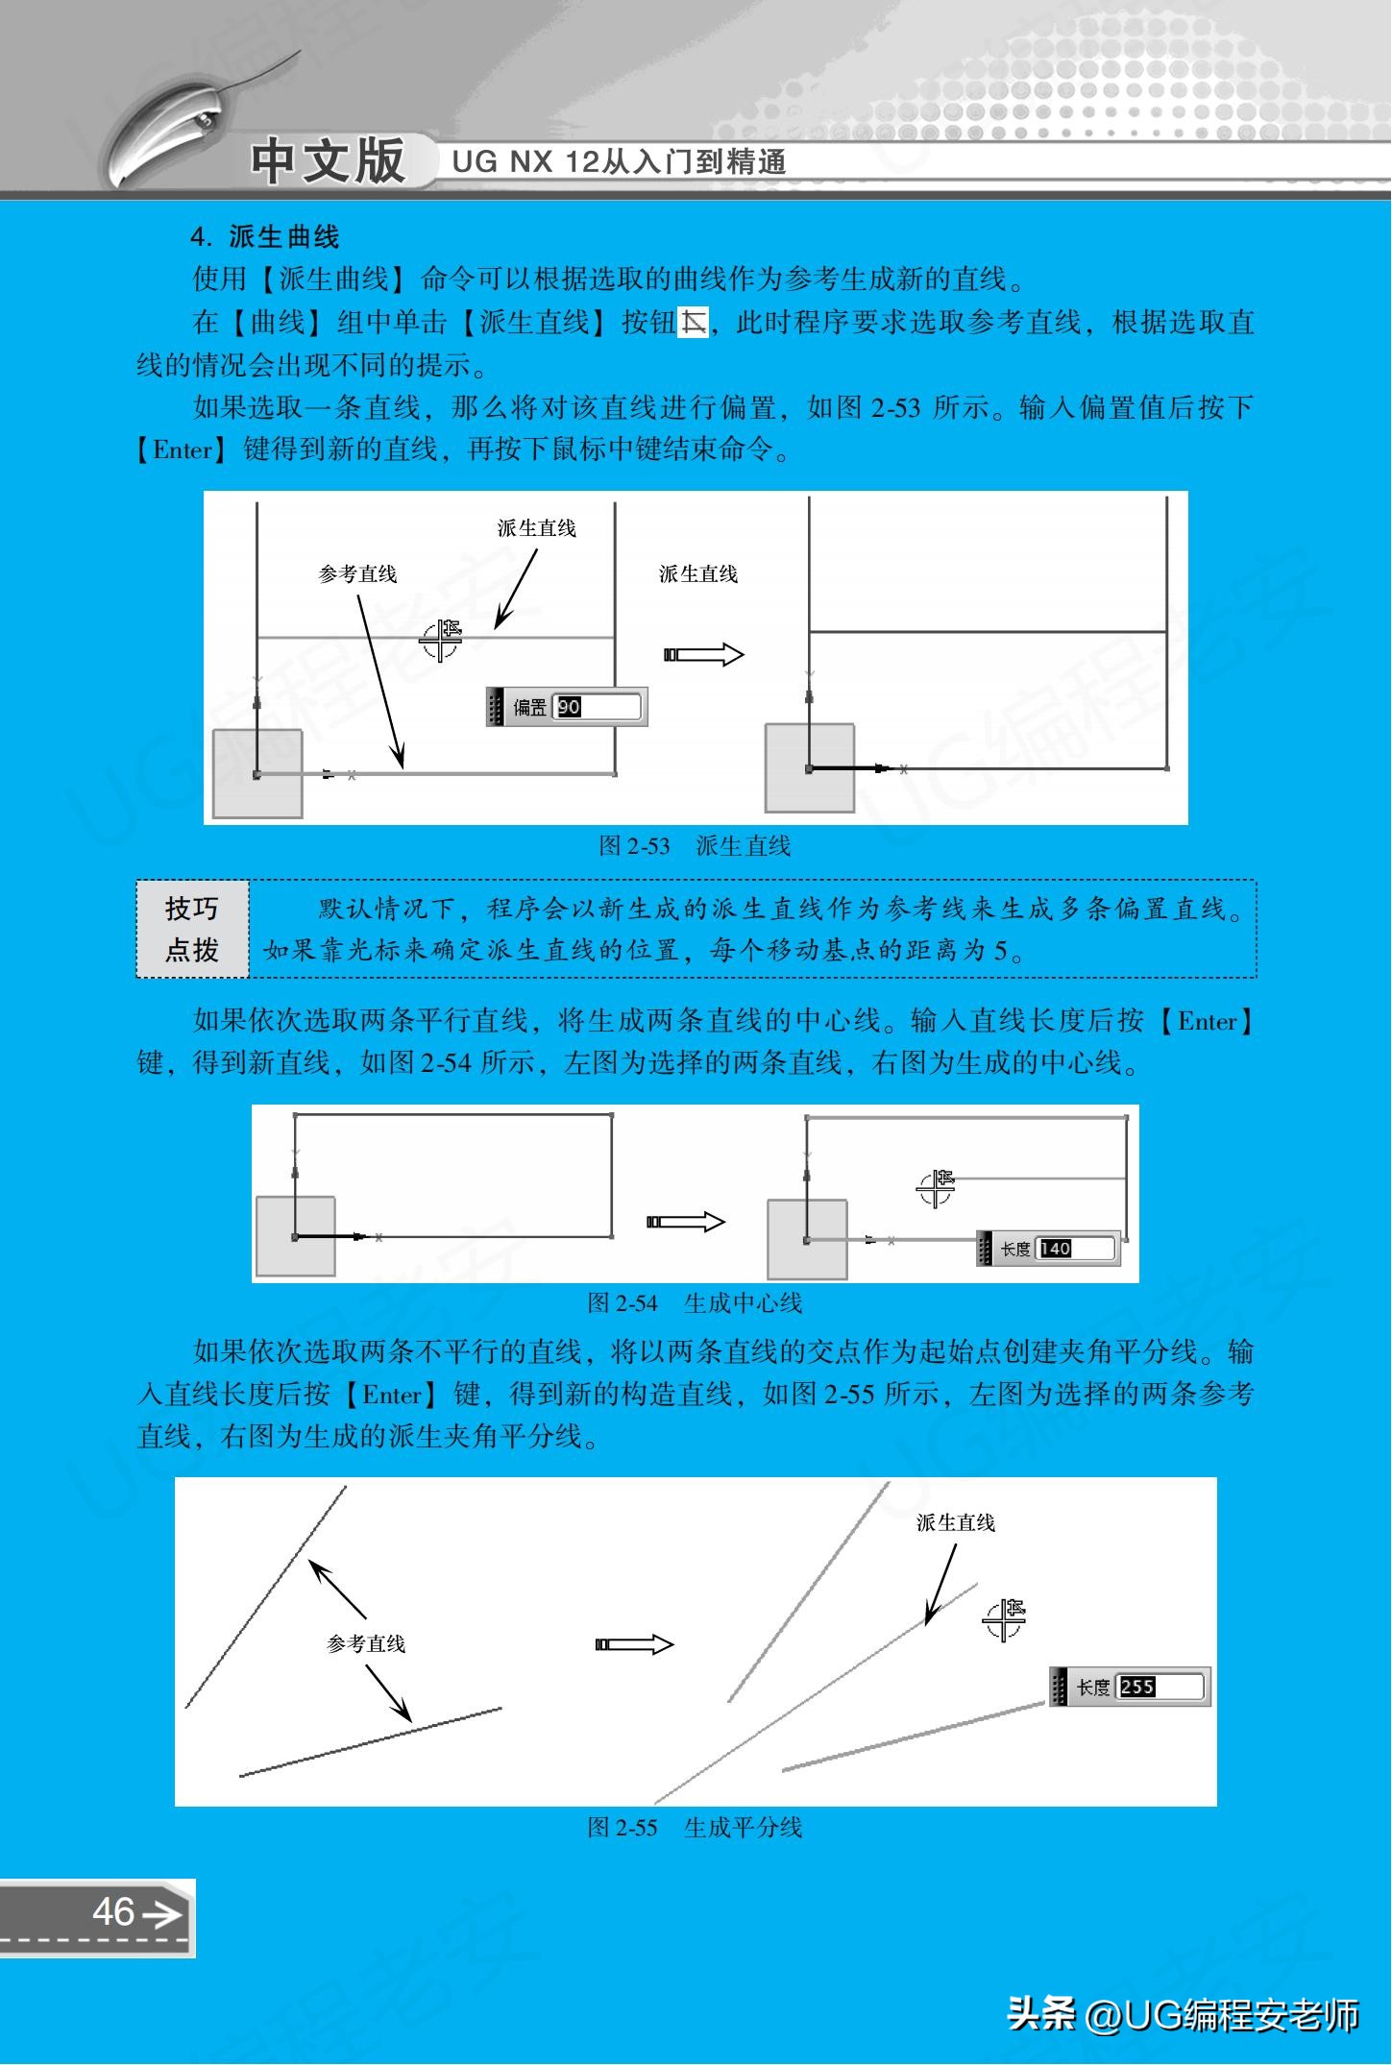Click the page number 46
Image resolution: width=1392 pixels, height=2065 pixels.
click(113, 1911)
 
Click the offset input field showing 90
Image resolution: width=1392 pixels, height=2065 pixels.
click(597, 707)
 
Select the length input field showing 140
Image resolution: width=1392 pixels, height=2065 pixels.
click(1075, 1249)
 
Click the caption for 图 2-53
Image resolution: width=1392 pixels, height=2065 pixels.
click(695, 845)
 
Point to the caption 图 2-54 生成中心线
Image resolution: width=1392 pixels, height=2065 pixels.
click(695, 1303)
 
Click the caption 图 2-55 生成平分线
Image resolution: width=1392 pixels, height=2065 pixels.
click(695, 1827)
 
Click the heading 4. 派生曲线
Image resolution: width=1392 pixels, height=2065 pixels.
click(265, 237)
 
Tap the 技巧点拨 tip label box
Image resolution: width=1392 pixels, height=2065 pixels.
click(192, 929)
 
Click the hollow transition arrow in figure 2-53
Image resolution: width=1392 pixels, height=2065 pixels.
click(703, 655)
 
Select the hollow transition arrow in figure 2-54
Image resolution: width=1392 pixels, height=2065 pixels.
click(686, 1222)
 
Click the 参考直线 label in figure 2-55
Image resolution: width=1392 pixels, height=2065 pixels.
click(366, 1643)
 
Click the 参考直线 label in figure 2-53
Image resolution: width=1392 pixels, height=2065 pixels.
click(357, 574)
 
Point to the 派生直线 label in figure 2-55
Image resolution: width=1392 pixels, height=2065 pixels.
click(955, 1522)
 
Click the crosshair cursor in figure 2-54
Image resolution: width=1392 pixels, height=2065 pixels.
click(935, 1188)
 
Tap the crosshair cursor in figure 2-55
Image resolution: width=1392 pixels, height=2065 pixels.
click(1004, 1620)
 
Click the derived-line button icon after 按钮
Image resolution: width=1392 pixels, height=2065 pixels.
click(693, 323)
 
